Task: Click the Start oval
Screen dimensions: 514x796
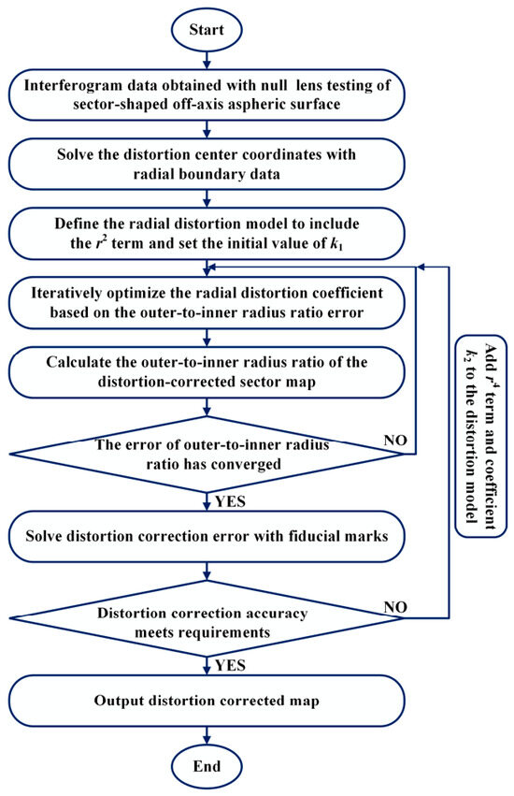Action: coord(207,30)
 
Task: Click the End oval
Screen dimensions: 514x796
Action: coord(207,766)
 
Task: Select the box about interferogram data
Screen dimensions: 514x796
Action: coord(207,94)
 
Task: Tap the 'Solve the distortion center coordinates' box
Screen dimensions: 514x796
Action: coord(207,164)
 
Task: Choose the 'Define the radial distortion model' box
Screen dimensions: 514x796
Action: coord(207,234)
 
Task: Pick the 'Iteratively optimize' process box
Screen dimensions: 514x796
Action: coord(207,302)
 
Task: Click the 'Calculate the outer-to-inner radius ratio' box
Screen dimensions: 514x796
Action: coord(207,372)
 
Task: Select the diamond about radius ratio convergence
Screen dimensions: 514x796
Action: coord(207,455)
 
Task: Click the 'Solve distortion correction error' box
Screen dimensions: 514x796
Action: coord(207,536)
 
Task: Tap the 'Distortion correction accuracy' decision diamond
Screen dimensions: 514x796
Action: coord(207,618)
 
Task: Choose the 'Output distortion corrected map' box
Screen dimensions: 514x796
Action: coord(207,701)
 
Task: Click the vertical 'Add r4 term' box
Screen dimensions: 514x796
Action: coord(481,436)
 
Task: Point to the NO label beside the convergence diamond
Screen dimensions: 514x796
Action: coord(395,440)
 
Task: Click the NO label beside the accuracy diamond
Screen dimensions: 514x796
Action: coord(395,607)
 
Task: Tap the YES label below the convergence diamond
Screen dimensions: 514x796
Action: coord(230,501)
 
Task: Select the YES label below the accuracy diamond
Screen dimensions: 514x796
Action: coord(230,666)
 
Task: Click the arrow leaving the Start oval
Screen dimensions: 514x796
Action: coord(207,59)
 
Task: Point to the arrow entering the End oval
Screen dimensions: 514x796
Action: coord(207,736)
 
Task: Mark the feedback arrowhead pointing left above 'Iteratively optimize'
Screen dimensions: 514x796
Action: coord(212,267)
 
